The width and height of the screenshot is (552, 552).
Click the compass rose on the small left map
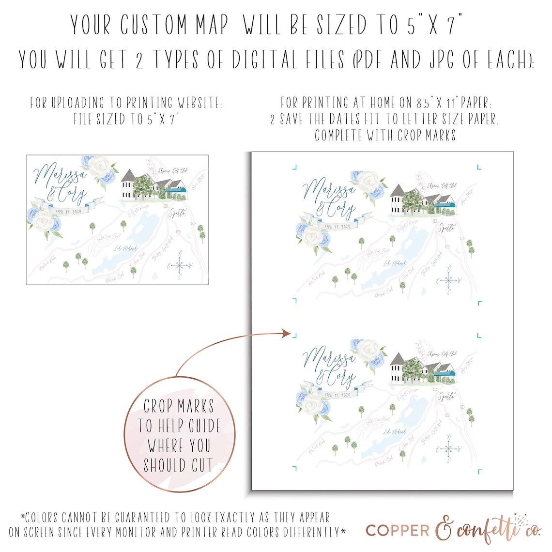pyautogui.click(x=180, y=265)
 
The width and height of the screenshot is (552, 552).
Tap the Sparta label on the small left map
pyautogui.click(x=177, y=213)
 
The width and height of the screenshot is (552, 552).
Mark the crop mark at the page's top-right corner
pyautogui.click(x=479, y=168)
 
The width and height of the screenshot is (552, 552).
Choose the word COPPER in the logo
pyautogui.click(x=398, y=530)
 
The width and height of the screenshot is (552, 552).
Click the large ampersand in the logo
pyautogui.click(x=445, y=530)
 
